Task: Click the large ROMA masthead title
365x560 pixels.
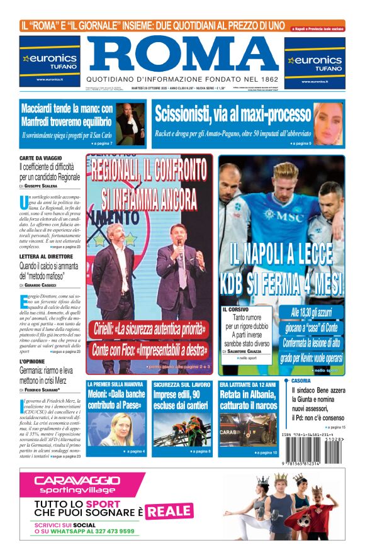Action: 182,54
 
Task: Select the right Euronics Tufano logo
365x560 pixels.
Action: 315,61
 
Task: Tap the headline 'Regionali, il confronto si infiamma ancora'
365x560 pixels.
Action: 149,183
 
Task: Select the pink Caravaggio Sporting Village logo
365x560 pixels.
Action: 69,484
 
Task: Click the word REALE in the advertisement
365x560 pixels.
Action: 170,510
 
